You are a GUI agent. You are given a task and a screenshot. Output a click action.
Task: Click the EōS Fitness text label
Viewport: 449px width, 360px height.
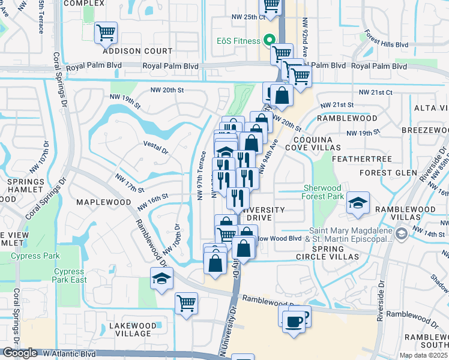click(x=238, y=41)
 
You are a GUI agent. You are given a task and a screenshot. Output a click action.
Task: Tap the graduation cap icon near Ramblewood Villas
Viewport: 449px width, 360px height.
click(x=358, y=203)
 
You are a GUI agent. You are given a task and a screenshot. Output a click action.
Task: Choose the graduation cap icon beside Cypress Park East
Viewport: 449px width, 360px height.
click(x=161, y=278)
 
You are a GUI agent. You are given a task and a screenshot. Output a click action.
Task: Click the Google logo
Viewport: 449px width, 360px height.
click(x=20, y=353)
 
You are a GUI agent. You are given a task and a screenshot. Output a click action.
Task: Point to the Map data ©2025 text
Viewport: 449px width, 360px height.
click(x=423, y=355)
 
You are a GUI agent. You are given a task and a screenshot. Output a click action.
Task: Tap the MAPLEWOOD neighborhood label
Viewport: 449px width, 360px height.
click(x=104, y=203)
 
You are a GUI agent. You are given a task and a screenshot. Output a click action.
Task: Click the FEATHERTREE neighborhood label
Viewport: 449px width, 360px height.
click(x=364, y=158)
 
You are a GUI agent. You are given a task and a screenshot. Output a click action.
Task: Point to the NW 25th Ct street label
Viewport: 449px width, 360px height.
click(x=247, y=16)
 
